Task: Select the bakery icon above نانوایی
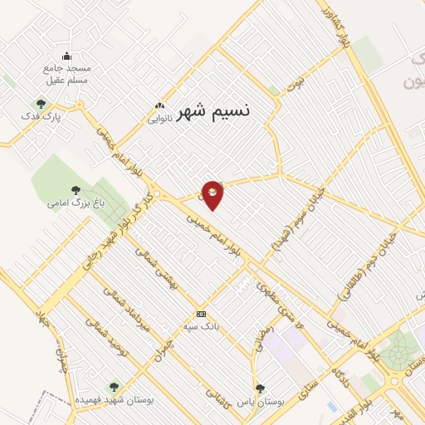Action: (x=159, y=105)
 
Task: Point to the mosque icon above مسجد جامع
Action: (x=67, y=56)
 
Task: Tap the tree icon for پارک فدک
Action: (x=41, y=104)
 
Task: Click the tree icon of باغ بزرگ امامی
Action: (x=76, y=190)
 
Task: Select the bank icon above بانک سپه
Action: (x=201, y=314)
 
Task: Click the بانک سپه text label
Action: (x=202, y=327)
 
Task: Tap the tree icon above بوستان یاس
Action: (x=260, y=388)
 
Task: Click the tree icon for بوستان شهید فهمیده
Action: (x=114, y=386)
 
